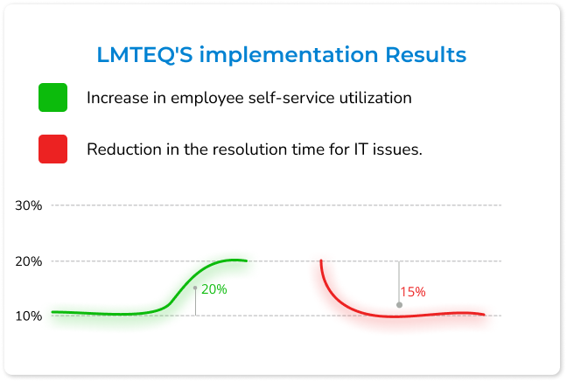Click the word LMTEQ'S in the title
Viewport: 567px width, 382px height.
pos(144,55)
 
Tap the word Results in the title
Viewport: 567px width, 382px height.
pos(425,54)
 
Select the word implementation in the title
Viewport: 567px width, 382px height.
pos(289,56)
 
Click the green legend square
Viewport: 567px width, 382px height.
pos(52,98)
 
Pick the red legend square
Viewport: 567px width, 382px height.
pos(52,149)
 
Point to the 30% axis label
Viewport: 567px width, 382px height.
pos(29,205)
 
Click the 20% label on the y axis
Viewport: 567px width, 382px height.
pos(29,261)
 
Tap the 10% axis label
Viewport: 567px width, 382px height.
pos(29,316)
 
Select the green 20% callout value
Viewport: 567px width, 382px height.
pos(214,289)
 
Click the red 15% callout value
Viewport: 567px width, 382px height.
pos(413,292)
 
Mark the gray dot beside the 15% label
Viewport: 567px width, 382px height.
pos(399,305)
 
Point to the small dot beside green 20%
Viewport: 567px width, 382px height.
pos(195,288)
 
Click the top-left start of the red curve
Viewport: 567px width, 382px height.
pos(321,260)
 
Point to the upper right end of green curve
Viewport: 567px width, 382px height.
pos(246,260)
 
